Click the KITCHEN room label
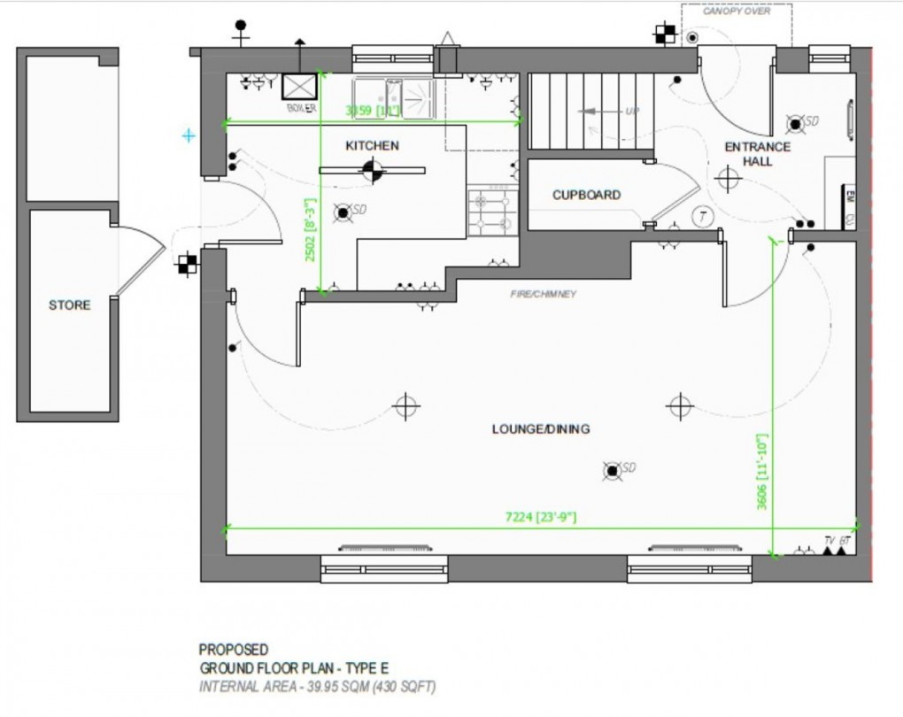point(372,145)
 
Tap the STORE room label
point(69,305)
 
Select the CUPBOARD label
point(586,195)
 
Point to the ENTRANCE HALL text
point(758,154)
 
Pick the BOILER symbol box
point(300,86)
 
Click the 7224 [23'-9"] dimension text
point(540,517)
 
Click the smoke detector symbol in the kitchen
point(343,212)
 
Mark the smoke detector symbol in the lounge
point(612,470)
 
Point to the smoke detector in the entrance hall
point(796,123)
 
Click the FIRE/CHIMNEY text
point(543,294)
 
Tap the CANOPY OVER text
point(736,12)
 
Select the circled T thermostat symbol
point(701,216)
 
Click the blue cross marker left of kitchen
point(188,135)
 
